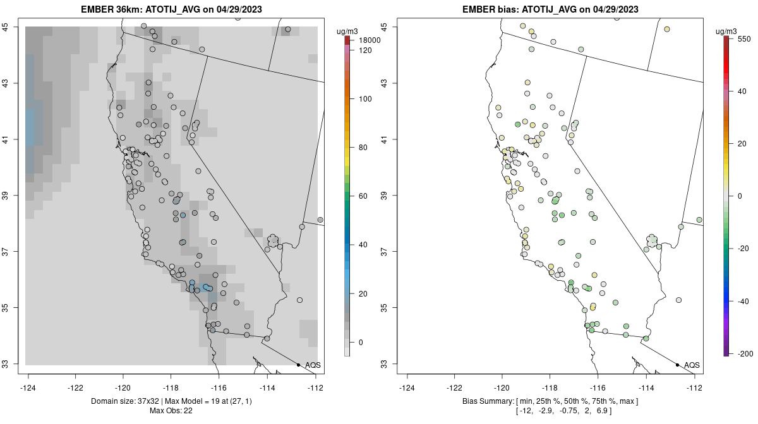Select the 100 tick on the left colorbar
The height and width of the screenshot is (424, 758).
click(365, 99)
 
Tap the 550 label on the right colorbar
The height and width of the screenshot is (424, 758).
click(743, 38)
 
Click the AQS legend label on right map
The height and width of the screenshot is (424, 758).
click(692, 365)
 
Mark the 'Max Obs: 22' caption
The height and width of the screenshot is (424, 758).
click(172, 411)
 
